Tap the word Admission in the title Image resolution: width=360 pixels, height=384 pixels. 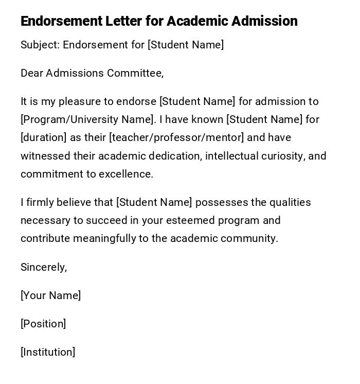(264, 21)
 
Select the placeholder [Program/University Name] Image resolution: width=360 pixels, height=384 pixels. (87, 119)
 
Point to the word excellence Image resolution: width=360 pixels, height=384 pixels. (126, 174)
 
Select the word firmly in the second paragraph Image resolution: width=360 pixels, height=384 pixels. (39, 202)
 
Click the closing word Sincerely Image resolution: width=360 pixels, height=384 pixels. (44, 267)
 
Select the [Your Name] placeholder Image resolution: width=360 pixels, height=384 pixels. (51, 295)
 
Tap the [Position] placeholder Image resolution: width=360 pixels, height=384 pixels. (43, 324)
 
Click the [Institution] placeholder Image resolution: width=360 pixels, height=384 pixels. (48, 352)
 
